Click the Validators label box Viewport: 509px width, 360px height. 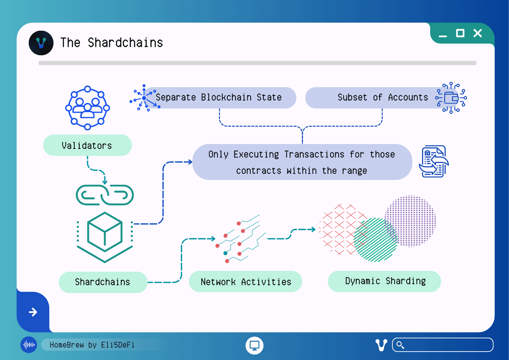pyautogui.click(x=87, y=146)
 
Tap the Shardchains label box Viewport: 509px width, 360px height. pyautogui.click(x=103, y=282)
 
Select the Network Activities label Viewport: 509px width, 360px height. pyautogui.click(x=246, y=282)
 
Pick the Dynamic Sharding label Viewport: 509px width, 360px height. pyautogui.click(x=385, y=281)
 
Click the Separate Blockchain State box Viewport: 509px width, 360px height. pyautogui.click(x=219, y=97)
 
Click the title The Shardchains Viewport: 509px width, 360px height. pyautogui.click(x=112, y=43)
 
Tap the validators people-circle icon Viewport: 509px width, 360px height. pyautogui.click(x=87, y=108)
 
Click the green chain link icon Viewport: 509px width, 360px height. pyautogui.click(x=104, y=194)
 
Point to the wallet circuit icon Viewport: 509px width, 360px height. pyautogui.click(x=451, y=98)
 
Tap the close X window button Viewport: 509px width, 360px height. pyautogui.click(x=478, y=33)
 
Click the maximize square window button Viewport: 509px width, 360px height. pyautogui.click(x=460, y=33)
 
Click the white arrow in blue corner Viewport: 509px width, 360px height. pyautogui.click(x=33, y=312)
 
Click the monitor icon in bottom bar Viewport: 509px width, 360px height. pyautogui.click(x=255, y=345)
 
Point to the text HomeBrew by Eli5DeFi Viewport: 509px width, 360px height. pyautogui.click(x=92, y=345)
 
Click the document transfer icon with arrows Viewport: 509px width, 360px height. pyautogui.click(x=433, y=162)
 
